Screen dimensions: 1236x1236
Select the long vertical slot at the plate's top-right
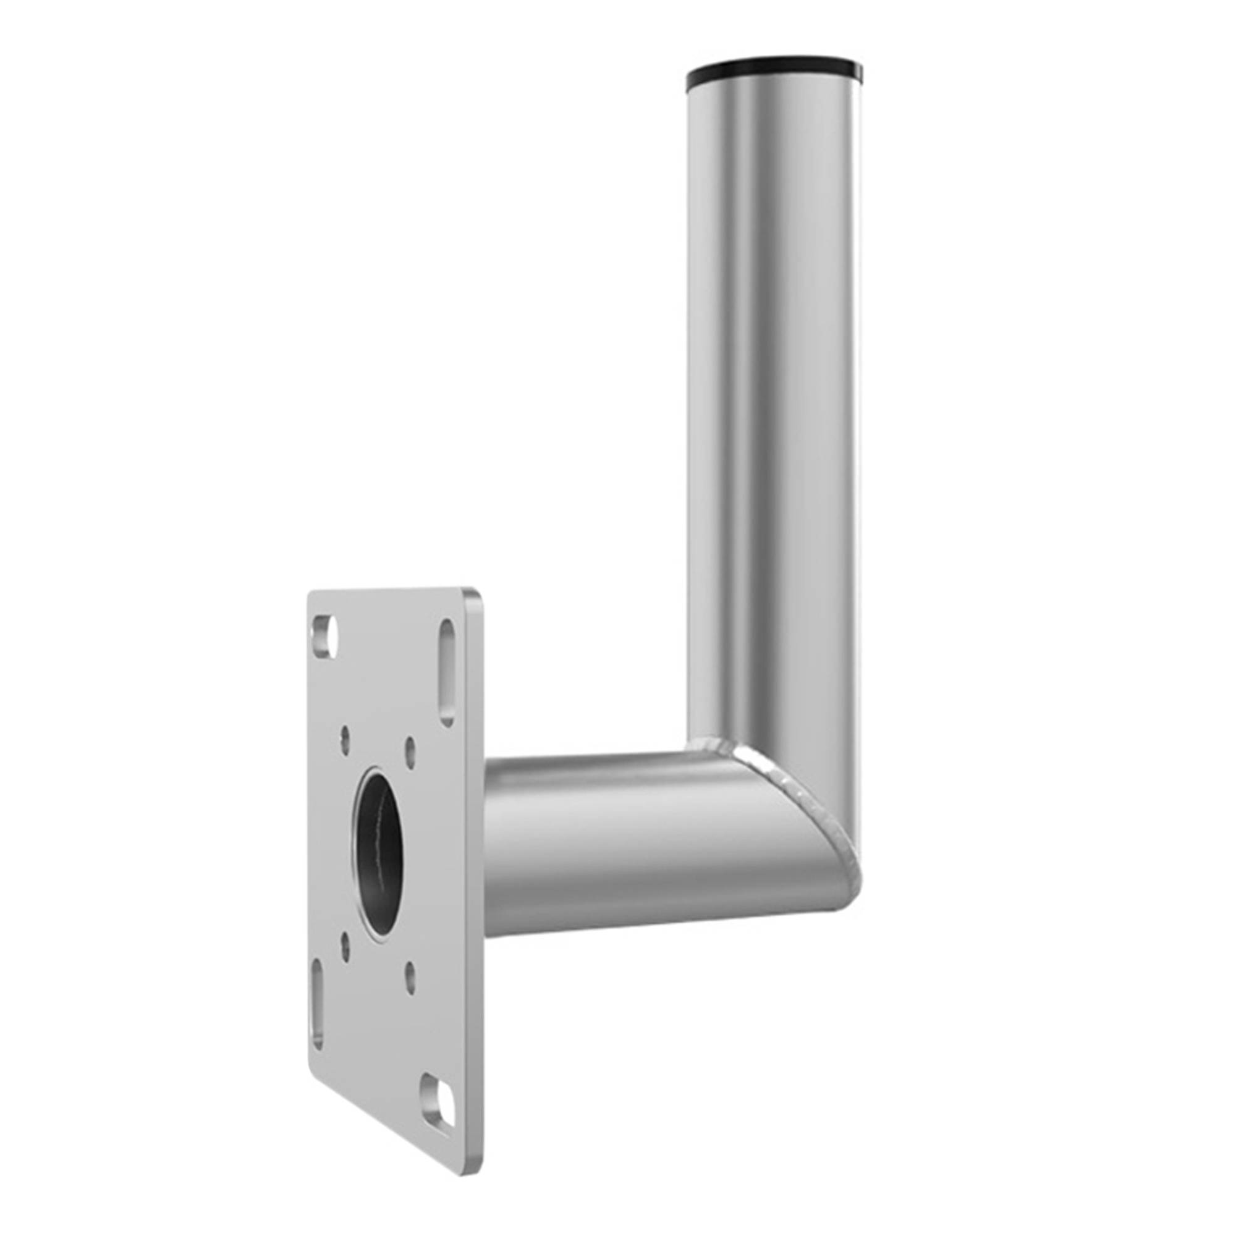[448, 673]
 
